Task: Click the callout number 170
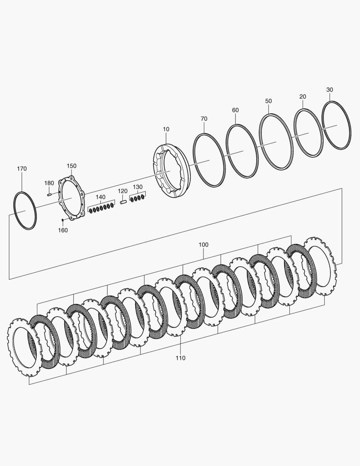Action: (22, 169)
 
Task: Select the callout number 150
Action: (72, 166)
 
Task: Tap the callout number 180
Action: (49, 183)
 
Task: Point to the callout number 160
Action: (63, 230)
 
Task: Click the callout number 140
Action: (100, 197)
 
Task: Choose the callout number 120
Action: (123, 191)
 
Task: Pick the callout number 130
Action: (138, 187)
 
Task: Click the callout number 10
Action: (166, 129)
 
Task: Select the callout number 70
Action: (204, 119)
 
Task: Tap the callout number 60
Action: (235, 110)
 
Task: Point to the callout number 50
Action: (269, 101)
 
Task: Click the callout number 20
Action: (303, 97)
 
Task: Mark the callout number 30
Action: (330, 90)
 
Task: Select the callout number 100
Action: (203, 245)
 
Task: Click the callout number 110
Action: (180, 358)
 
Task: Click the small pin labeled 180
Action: (50, 194)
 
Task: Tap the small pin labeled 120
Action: (124, 201)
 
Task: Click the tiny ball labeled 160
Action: (63, 220)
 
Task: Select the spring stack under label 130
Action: (138, 198)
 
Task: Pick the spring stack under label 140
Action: (102, 208)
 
